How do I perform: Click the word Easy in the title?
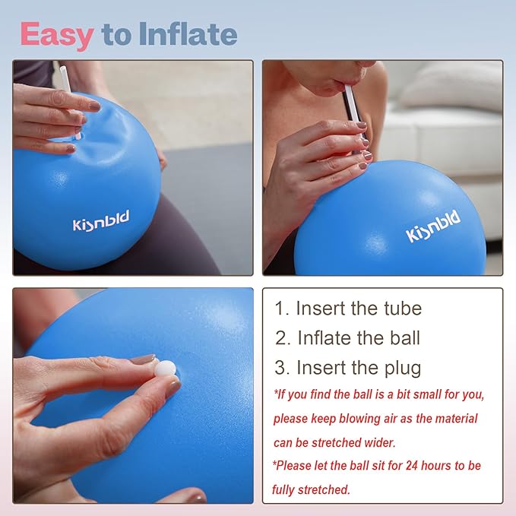click(57, 34)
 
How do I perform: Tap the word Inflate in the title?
click(188, 34)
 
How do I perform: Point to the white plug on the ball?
click(166, 368)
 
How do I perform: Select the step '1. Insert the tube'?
click(348, 309)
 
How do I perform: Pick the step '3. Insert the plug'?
click(348, 368)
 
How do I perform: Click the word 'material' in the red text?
click(454, 419)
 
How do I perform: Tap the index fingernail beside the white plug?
click(143, 359)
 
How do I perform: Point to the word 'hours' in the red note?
click(431, 466)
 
